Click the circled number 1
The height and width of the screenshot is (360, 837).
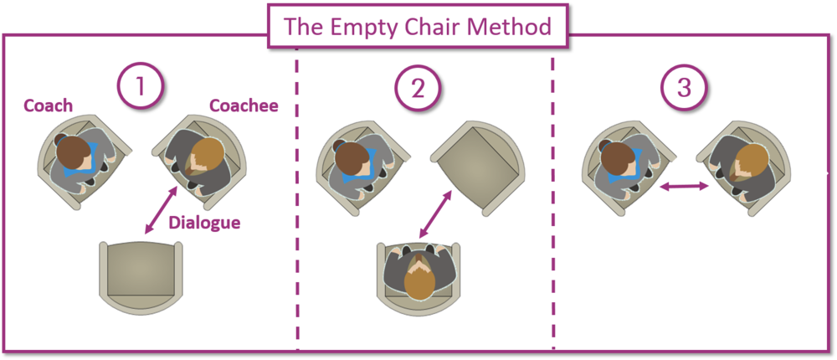(140, 87)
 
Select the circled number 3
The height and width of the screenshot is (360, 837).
(684, 87)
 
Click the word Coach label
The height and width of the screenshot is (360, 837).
(48, 105)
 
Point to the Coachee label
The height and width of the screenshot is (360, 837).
(244, 105)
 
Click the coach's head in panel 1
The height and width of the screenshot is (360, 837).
(74, 154)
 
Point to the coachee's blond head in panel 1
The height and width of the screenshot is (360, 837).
(208, 154)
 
